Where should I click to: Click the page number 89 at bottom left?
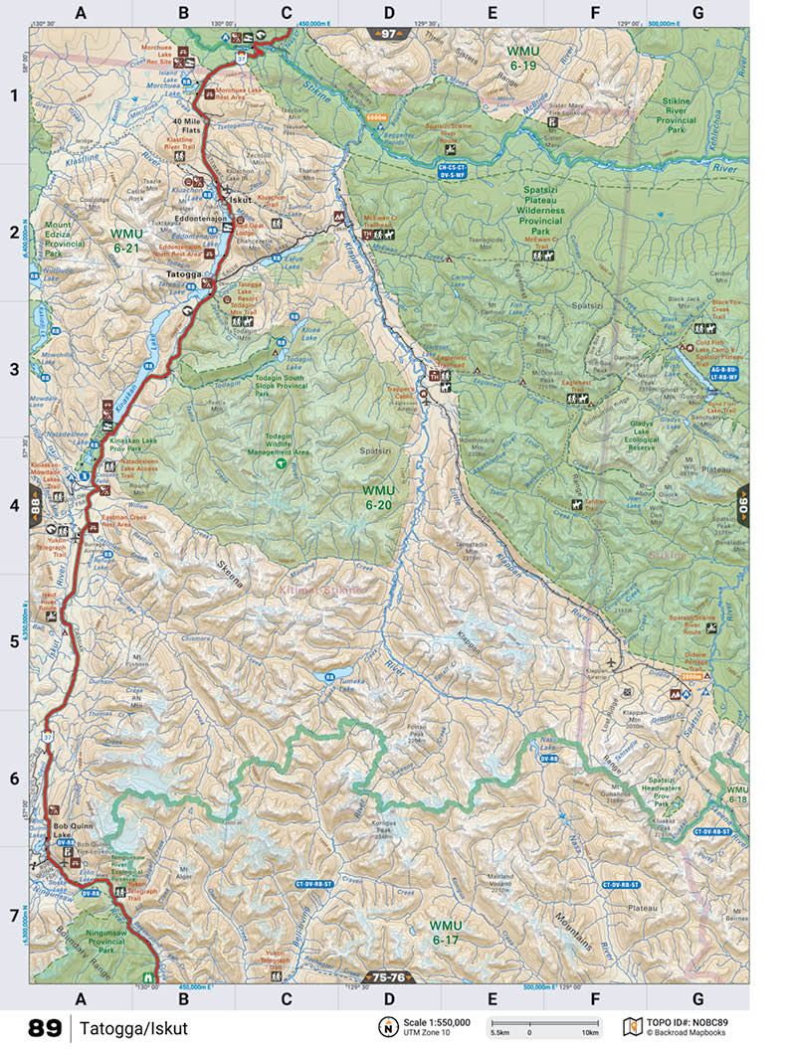tap(44, 1028)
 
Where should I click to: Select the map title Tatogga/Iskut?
tap(134, 1028)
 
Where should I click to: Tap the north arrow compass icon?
tap(384, 1026)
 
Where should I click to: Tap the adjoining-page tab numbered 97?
tap(388, 34)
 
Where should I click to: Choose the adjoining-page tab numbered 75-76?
tap(388, 976)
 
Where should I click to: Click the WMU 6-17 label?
tap(446, 932)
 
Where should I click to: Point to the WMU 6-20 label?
tap(377, 498)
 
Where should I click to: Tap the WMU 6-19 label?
tap(521, 58)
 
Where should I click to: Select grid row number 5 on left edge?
tap(14, 641)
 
